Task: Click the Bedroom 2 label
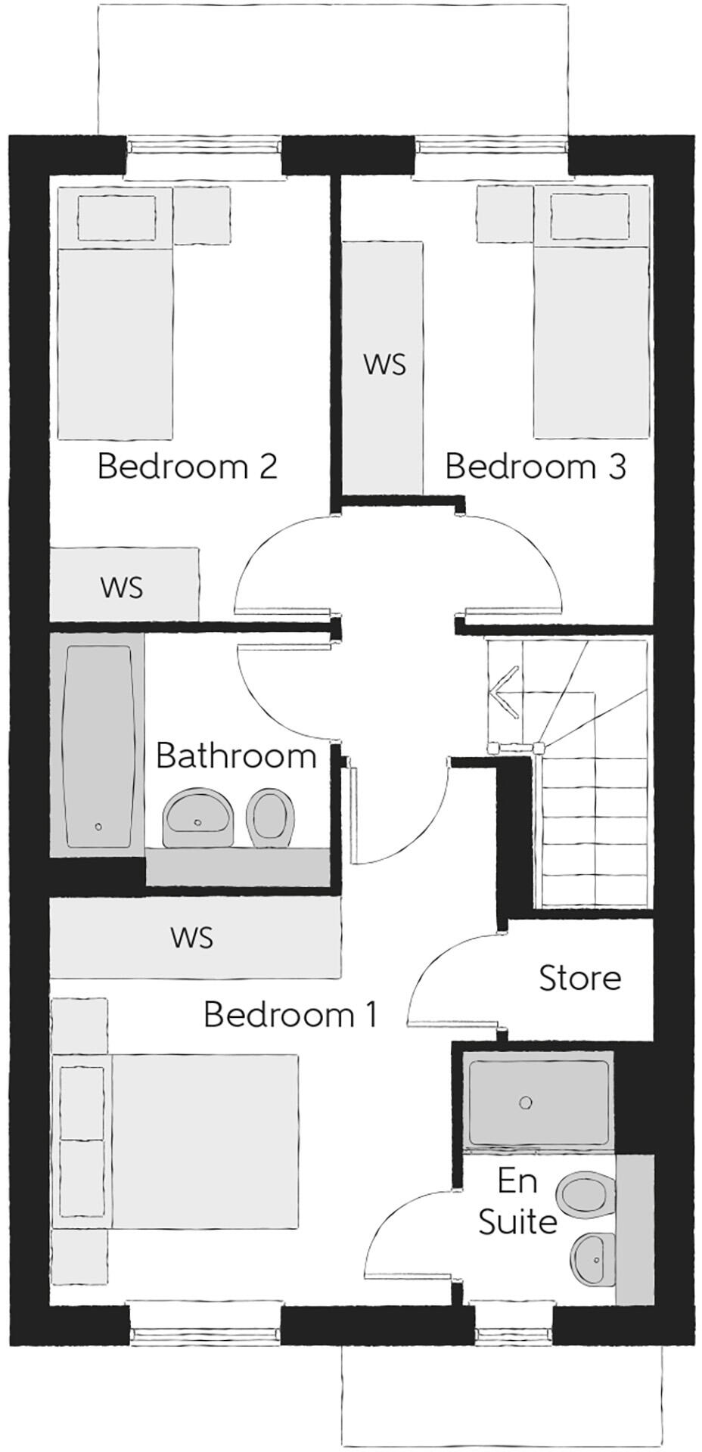pos(188,467)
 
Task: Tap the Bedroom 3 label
pos(535,467)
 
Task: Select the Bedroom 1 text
pos(290,1015)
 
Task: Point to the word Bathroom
pos(236,756)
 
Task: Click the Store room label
pos(579,979)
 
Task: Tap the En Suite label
pos(517,1202)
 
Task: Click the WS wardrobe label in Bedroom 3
pos(384,365)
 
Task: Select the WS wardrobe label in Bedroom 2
pos(122,588)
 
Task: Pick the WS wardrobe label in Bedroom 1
pos(192,938)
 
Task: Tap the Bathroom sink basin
pos(197,818)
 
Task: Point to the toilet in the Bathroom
pos(271,818)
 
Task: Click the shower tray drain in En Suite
pos(526,1103)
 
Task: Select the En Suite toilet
pos(583,1196)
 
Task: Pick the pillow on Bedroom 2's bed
pos(117,218)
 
